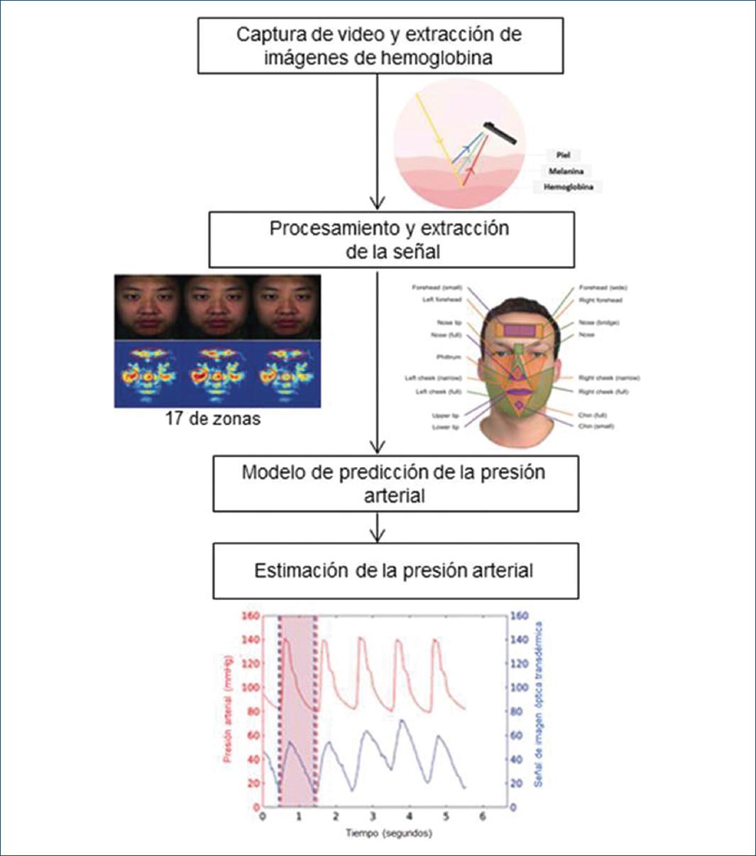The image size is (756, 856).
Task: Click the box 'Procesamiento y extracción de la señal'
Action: point(392,240)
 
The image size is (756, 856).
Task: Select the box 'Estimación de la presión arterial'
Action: point(395,571)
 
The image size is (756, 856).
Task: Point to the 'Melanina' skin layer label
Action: point(566,171)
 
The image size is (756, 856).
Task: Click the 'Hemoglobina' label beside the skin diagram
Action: point(568,187)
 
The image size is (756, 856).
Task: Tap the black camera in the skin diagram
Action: point(501,132)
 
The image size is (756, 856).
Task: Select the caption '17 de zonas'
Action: point(213,419)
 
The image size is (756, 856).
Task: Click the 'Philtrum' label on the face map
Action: point(448,357)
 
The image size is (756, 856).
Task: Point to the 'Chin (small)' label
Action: point(596,426)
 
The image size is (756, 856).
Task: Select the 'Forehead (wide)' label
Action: point(603,288)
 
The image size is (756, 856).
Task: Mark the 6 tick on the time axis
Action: point(482,817)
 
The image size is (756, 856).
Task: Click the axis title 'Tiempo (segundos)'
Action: point(389,833)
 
